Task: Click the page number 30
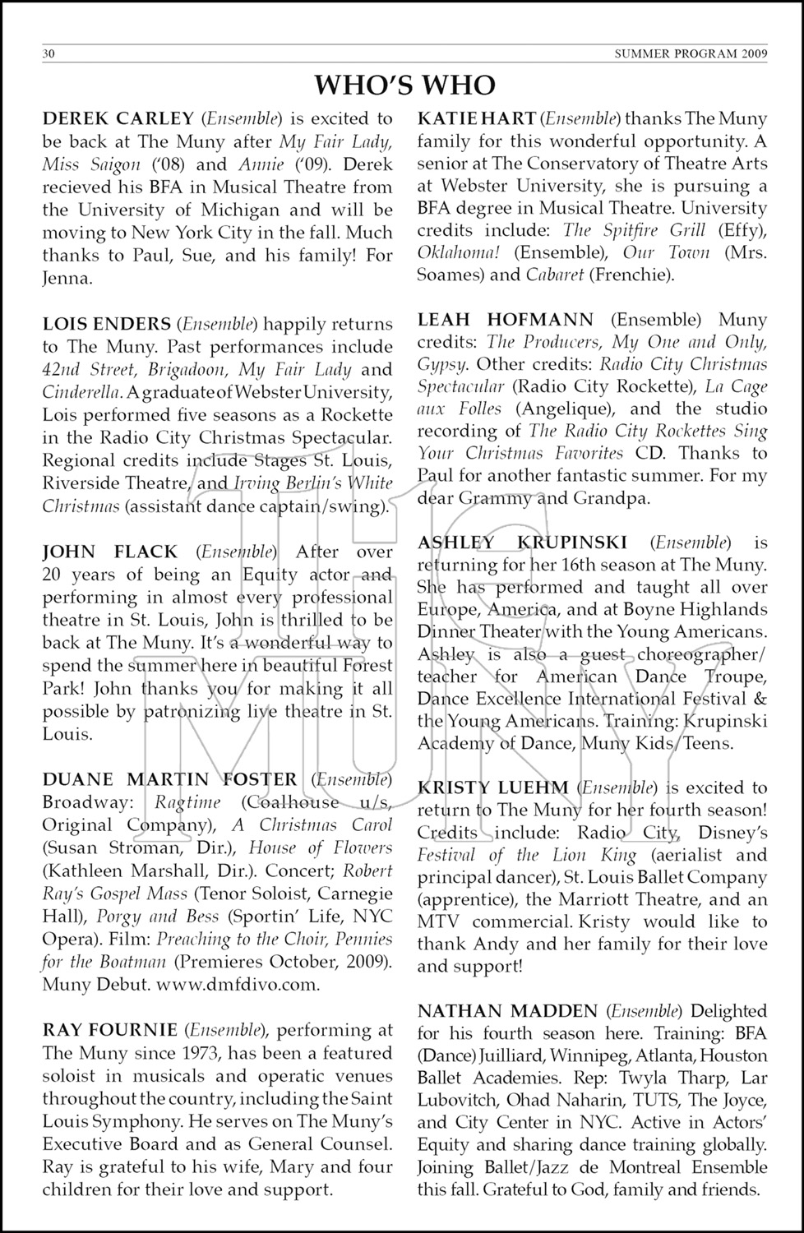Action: [x=49, y=54]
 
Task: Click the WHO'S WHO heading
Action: [x=405, y=85]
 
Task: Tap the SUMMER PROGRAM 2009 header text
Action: [x=691, y=54]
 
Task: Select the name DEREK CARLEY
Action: [x=118, y=119]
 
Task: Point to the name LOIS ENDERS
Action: [x=107, y=325]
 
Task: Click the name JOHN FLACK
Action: [x=110, y=552]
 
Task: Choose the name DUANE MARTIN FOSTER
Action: [x=170, y=779]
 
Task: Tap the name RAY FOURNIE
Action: [x=110, y=1030]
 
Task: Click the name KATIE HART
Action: [x=477, y=119]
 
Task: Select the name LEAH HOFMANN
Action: [x=506, y=320]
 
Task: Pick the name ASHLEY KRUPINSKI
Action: [x=522, y=543]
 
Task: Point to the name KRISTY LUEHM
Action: [x=492, y=788]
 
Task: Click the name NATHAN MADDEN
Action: [x=507, y=1011]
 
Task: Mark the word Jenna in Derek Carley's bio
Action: [x=66, y=279]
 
